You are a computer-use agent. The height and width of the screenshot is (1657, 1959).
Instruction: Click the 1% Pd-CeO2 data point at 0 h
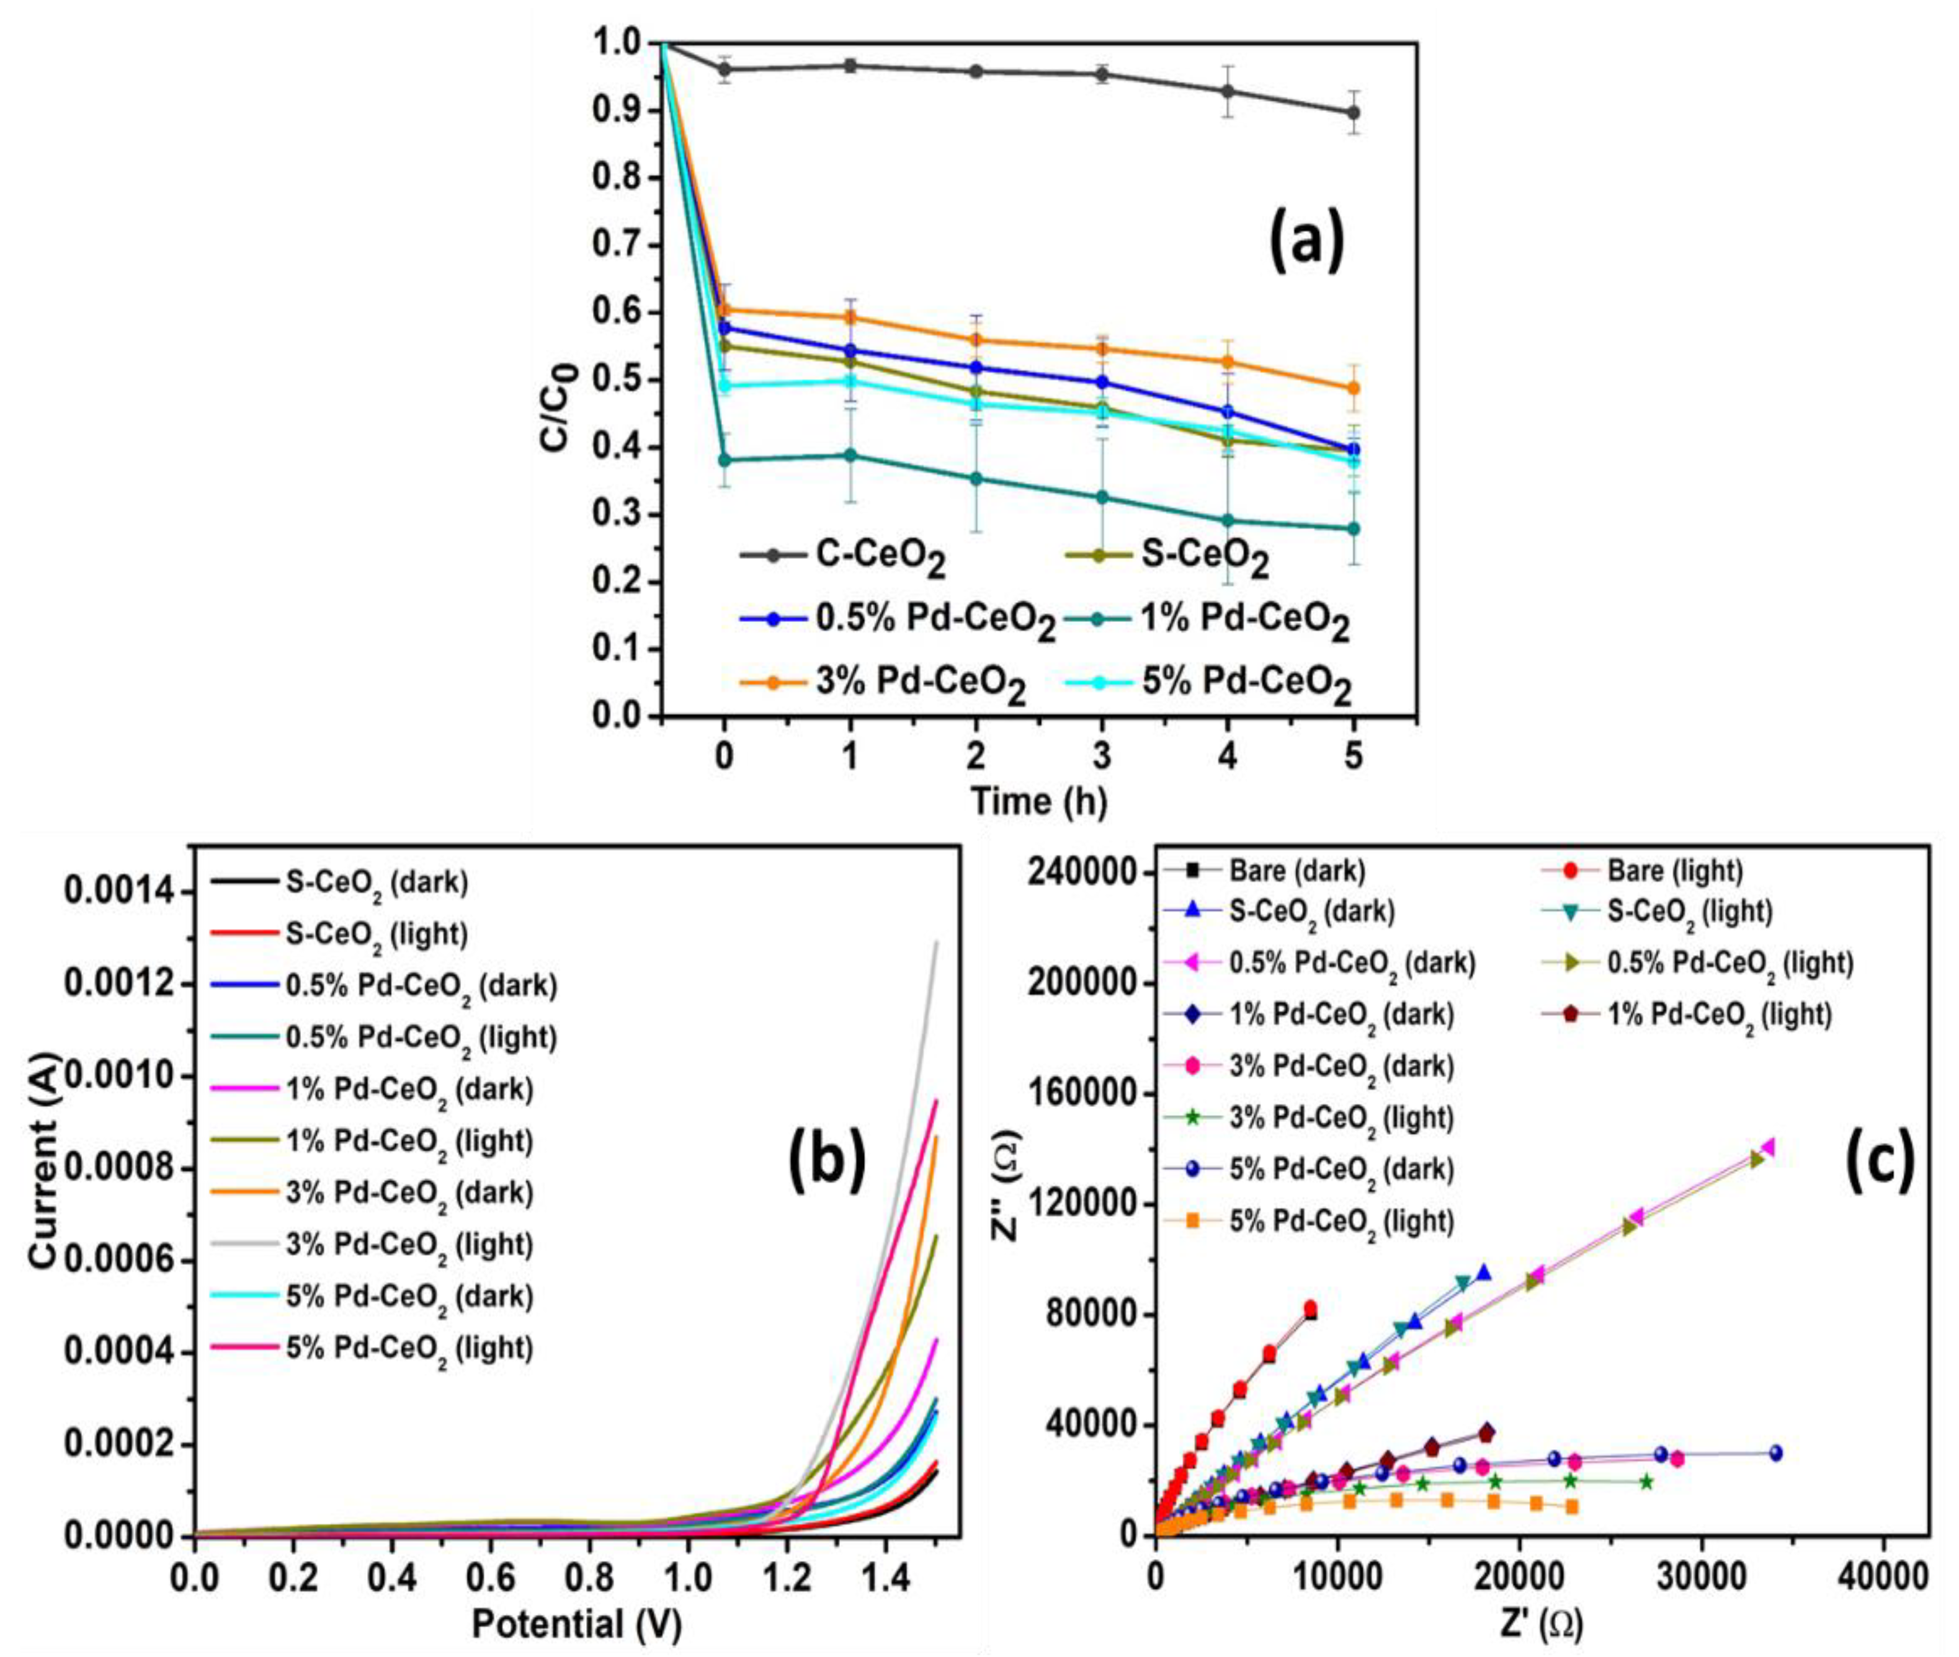click(x=723, y=460)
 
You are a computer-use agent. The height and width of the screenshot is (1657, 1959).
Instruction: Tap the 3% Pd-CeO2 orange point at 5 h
click(x=1353, y=388)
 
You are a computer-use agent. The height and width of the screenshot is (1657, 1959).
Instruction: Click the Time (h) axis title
click(x=1038, y=801)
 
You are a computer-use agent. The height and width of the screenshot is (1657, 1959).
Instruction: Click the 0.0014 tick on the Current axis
click(x=118, y=891)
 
